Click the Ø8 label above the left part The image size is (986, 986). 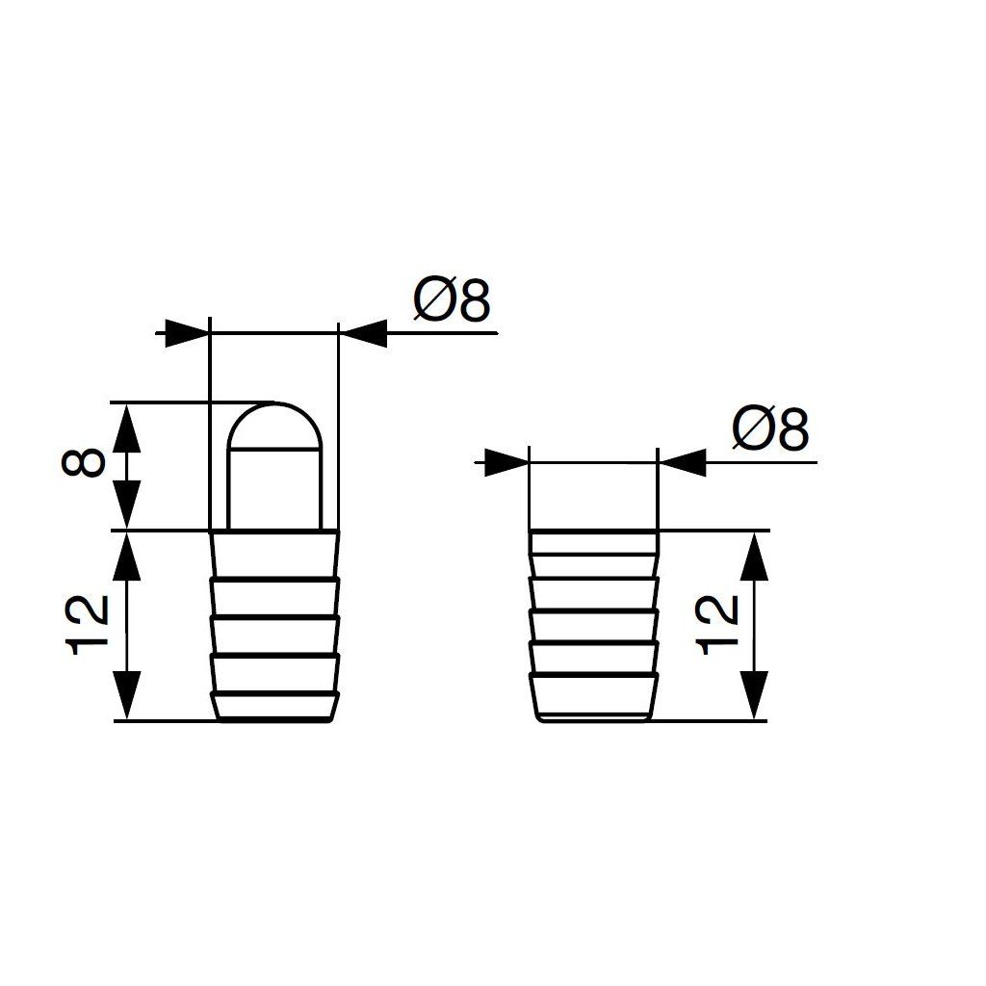453,301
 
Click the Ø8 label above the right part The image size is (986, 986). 770,429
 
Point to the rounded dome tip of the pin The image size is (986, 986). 274,428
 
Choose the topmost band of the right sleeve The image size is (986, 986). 593,542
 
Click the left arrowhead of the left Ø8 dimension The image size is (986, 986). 189,333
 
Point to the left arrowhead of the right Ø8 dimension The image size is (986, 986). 507,462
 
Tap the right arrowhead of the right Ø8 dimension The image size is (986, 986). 681,462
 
